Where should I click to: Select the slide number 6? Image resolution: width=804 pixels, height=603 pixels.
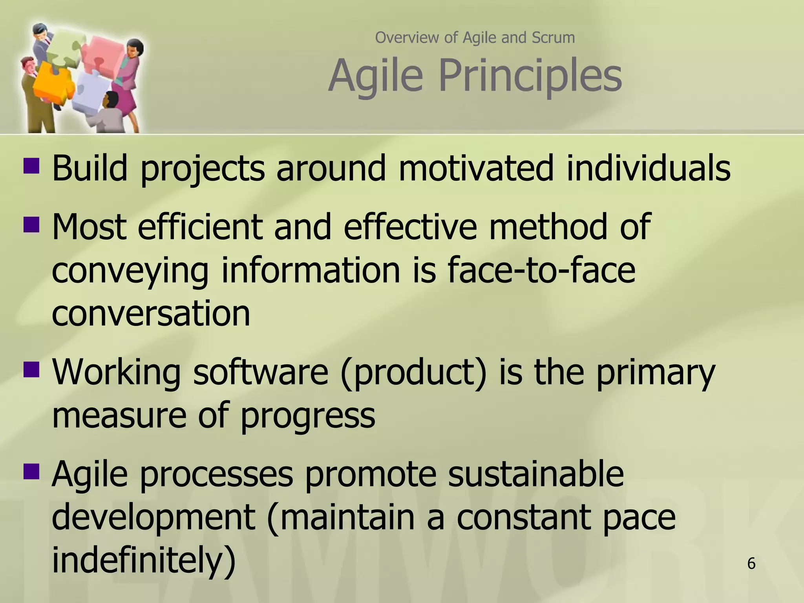click(751, 564)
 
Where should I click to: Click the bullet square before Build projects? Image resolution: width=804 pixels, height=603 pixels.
click(31, 166)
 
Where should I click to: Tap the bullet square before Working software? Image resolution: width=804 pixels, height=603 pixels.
click(31, 369)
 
